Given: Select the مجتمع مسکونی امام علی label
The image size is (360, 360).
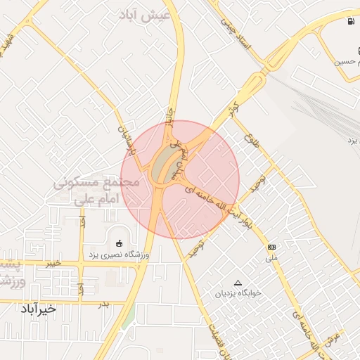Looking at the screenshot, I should pyautogui.click(x=98, y=191).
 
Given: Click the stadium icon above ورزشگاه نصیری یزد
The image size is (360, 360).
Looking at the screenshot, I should pyautogui.click(x=117, y=243).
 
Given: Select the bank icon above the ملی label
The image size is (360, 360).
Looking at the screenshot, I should pyautogui.click(x=271, y=247).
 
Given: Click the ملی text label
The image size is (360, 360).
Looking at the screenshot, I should pyautogui.click(x=271, y=257).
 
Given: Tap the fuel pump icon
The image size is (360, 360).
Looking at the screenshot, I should pyautogui.click(x=350, y=21).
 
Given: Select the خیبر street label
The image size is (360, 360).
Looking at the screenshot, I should pyautogui.click(x=52, y=263).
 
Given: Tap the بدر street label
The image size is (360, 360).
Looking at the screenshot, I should pyautogui.click(x=103, y=303).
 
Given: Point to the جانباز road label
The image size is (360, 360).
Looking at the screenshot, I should pyautogui.click(x=169, y=117).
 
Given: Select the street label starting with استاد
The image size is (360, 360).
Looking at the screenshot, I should pyautogui.click(x=236, y=28).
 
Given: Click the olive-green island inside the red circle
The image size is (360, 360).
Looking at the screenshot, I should pyautogui.click(x=166, y=163).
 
